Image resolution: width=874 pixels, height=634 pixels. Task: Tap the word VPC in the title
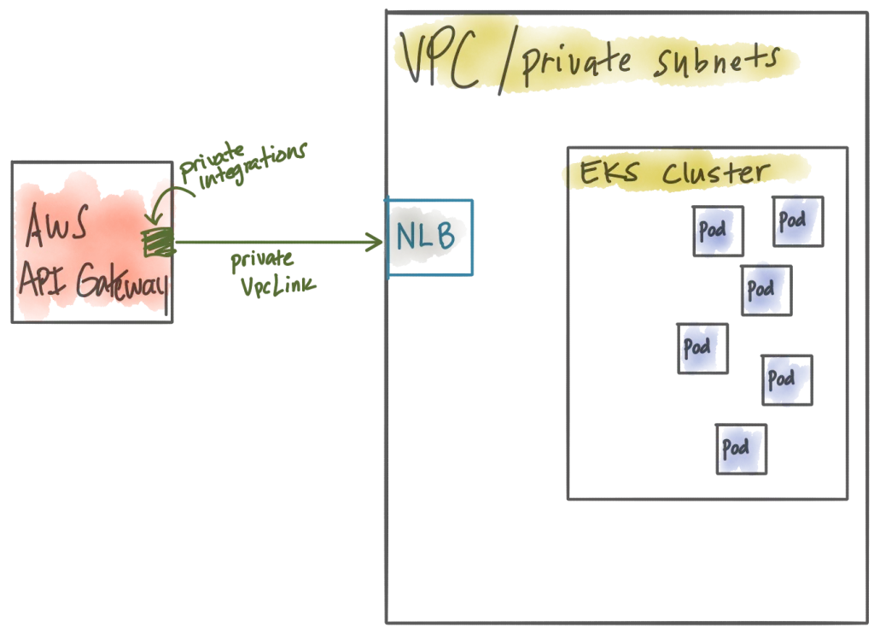point(440,60)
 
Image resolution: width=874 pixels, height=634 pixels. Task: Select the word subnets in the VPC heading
point(717,62)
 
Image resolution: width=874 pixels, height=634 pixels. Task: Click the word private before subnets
point(576,64)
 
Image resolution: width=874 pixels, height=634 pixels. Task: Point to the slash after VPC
point(507,61)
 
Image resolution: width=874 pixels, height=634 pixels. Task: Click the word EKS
point(609,172)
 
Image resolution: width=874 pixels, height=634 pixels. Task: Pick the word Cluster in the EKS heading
point(716,173)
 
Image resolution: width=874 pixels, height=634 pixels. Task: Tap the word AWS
point(57,225)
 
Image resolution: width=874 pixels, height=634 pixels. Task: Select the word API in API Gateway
point(43,279)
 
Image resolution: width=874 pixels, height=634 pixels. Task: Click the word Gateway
point(121,281)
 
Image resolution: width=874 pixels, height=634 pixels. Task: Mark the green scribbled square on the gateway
point(158,242)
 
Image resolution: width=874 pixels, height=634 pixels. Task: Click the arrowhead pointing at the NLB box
point(374,242)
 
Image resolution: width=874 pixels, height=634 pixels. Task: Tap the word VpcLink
point(278,285)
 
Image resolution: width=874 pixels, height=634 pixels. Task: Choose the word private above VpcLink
point(261,260)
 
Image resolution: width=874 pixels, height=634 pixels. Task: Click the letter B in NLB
point(445,235)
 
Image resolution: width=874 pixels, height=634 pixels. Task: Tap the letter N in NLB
point(405,236)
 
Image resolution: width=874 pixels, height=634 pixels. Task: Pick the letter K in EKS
point(609,172)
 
